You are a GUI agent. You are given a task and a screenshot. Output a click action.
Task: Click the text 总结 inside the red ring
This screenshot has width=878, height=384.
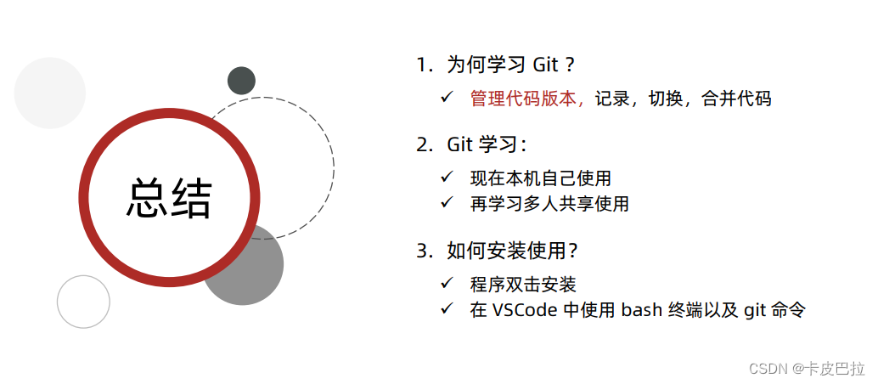coord(169,198)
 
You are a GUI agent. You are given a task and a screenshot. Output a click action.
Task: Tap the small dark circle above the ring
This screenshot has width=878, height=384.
coord(241,81)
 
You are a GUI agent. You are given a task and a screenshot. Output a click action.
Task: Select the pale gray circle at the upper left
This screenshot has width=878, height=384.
coord(50,93)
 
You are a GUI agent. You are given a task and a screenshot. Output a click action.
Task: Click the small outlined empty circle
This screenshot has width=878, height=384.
coord(83,302)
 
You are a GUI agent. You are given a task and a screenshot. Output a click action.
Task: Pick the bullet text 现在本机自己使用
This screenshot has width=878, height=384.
coord(540,178)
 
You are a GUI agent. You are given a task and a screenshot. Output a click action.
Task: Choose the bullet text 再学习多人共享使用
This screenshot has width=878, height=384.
coord(549,204)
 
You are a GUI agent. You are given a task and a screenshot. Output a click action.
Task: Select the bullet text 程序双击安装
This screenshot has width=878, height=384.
coord(523,285)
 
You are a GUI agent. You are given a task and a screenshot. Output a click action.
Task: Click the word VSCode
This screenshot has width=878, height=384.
coord(524,309)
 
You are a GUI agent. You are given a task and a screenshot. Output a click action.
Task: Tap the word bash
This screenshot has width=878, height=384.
coord(646,309)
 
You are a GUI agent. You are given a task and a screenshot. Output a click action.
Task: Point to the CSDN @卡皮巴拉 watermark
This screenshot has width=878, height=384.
coord(807,368)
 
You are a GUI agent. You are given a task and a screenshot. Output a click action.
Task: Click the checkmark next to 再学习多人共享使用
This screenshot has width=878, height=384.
coord(447,204)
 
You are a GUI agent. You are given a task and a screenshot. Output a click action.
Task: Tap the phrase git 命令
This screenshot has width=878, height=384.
coord(774,309)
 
